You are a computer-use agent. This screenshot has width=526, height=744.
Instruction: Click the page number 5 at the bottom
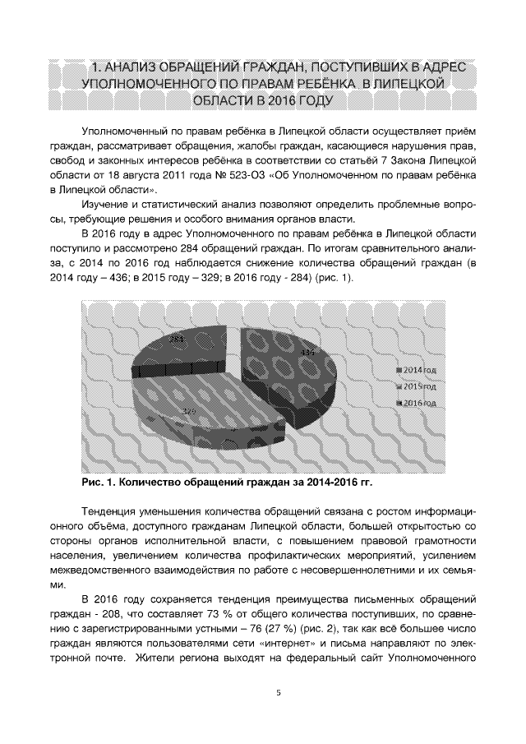click(x=278, y=693)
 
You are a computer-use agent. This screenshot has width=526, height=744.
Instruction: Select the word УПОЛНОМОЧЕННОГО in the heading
click(x=155, y=84)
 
